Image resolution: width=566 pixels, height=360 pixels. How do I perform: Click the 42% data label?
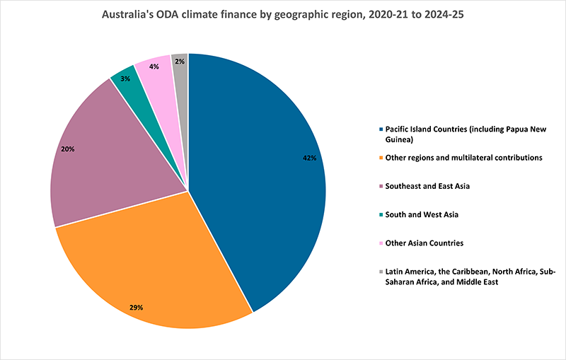click(x=309, y=158)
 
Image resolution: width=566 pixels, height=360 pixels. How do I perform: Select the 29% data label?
click(x=136, y=308)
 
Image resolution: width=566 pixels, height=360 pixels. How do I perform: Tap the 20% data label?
click(x=68, y=150)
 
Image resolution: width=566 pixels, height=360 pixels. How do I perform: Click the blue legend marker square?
click(x=381, y=129)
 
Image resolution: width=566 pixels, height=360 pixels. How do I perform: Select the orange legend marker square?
click(x=381, y=158)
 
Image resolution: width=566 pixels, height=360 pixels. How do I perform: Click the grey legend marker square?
click(x=381, y=271)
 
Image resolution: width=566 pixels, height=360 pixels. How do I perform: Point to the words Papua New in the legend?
click(x=521, y=129)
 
